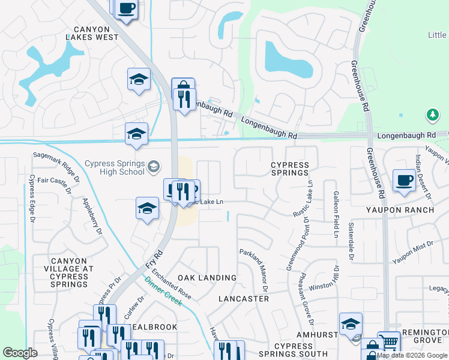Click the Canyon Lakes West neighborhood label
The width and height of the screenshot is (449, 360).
click(x=92, y=33)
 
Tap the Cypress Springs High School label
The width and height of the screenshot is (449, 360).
click(x=114, y=167)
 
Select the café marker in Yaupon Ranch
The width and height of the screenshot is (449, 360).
click(x=404, y=181)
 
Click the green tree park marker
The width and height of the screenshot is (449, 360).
click(x=432, y=115)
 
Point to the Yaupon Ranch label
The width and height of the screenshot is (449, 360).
click(x=400, y=210)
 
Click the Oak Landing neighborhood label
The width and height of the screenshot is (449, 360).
click(x=207, y=278)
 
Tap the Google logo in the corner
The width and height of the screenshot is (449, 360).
click(x=20, y=353)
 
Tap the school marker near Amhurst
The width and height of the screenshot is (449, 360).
click(x=351, y=325)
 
